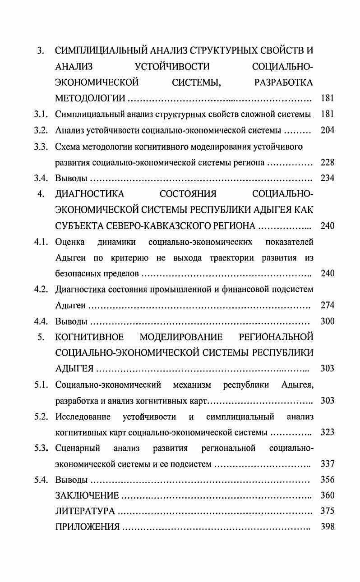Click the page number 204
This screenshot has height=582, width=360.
[327, 131]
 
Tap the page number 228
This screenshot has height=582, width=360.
[327, 162]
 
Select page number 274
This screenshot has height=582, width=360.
[327, 305]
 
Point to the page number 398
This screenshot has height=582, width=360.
[327, 527]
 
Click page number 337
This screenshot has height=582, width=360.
[327, 463]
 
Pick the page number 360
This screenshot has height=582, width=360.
[327, 495]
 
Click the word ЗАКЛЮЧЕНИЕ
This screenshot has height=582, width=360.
[87, 495]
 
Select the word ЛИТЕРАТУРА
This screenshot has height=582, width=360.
[85, 511]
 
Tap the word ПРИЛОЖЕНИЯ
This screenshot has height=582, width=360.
[88, 527]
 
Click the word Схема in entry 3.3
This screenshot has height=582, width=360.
[67, 147]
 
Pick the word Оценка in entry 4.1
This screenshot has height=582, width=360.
[70, 242]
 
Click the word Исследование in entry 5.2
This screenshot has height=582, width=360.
[83, 416]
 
